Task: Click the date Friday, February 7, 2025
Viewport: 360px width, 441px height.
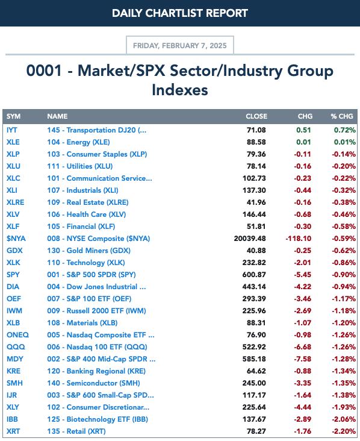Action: point(180,46)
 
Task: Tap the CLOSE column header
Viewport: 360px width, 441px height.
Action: point(256,116)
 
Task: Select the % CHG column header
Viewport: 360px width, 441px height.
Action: point(342,116)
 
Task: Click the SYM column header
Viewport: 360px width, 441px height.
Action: point(13,116)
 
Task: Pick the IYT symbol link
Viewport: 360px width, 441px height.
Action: point(12,130)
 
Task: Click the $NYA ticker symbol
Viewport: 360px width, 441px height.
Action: point(16,239)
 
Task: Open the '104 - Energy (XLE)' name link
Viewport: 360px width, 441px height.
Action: point(78,142)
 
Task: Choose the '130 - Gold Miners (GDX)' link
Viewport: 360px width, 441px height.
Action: point(89,251)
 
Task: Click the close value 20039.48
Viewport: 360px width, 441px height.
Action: point(250,239)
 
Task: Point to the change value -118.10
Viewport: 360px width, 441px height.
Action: point(299,239)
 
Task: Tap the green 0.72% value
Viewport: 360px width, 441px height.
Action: point(344,130)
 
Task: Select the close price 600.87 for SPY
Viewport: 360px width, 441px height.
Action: point(254,275)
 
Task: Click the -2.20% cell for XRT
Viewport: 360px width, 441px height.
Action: point(344,431)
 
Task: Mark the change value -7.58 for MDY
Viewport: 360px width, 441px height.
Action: point(302,359)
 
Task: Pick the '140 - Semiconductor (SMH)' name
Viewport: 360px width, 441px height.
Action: point(93,383)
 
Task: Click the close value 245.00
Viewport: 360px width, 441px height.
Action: point(254,383)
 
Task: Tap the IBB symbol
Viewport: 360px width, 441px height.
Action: point(12,419)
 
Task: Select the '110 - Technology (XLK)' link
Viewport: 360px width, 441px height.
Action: point(86,263)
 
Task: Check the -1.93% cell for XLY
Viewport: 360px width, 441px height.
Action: point(344,407)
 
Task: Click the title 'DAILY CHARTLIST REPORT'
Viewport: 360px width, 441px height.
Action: point(180,13)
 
